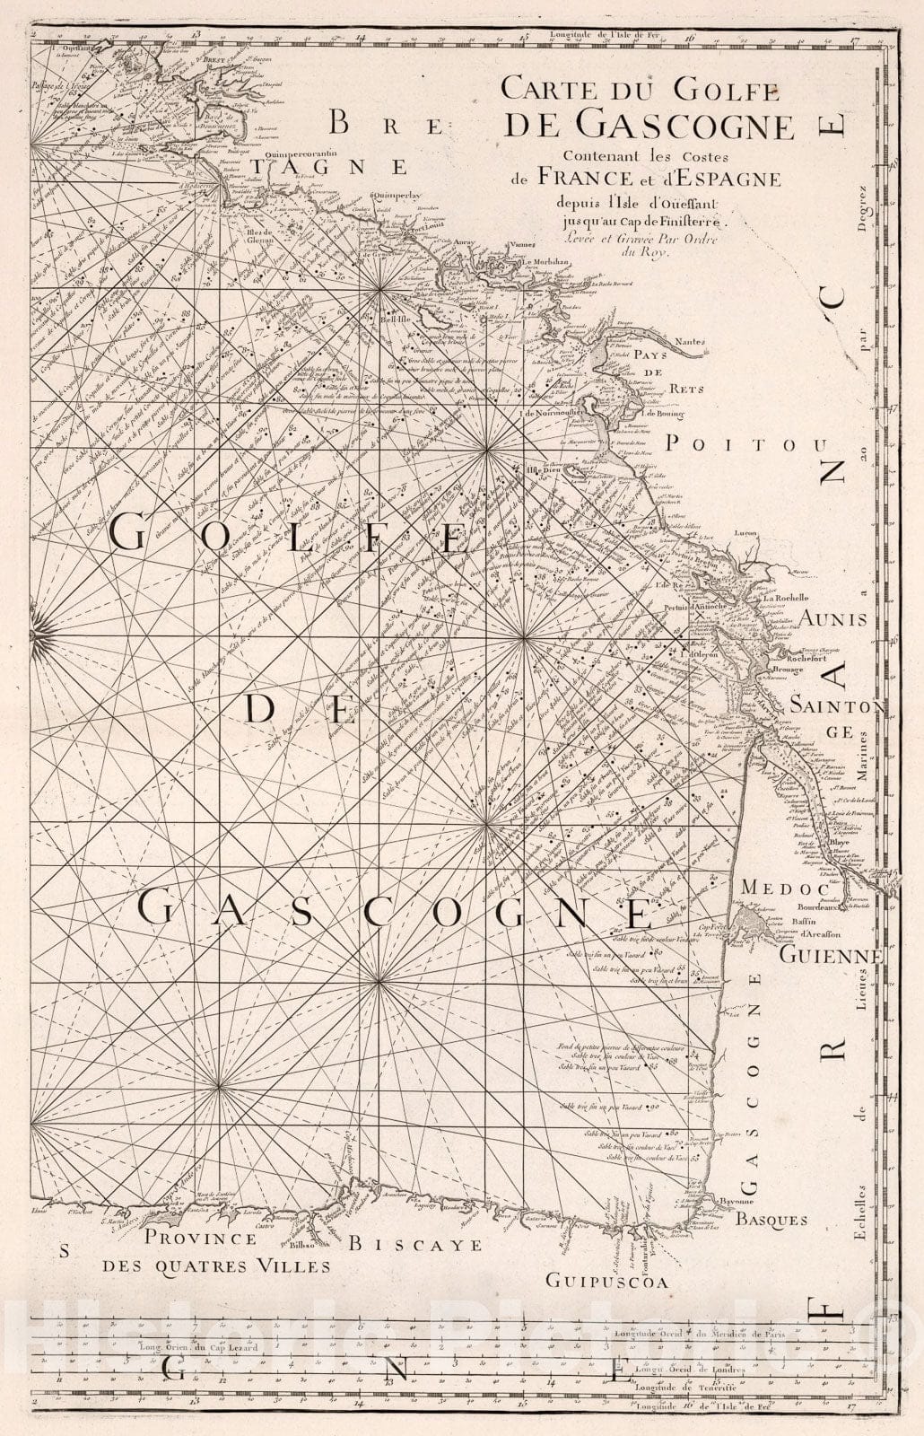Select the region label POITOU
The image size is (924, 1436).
[745, 442]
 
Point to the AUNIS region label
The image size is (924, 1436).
[833, 619]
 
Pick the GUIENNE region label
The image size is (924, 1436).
[831, 956]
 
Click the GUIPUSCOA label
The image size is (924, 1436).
[610, 1283]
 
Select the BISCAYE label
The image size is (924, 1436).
[414, 1245]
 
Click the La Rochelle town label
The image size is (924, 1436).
[786, 598]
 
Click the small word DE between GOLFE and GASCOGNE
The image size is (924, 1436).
[296, 710]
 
